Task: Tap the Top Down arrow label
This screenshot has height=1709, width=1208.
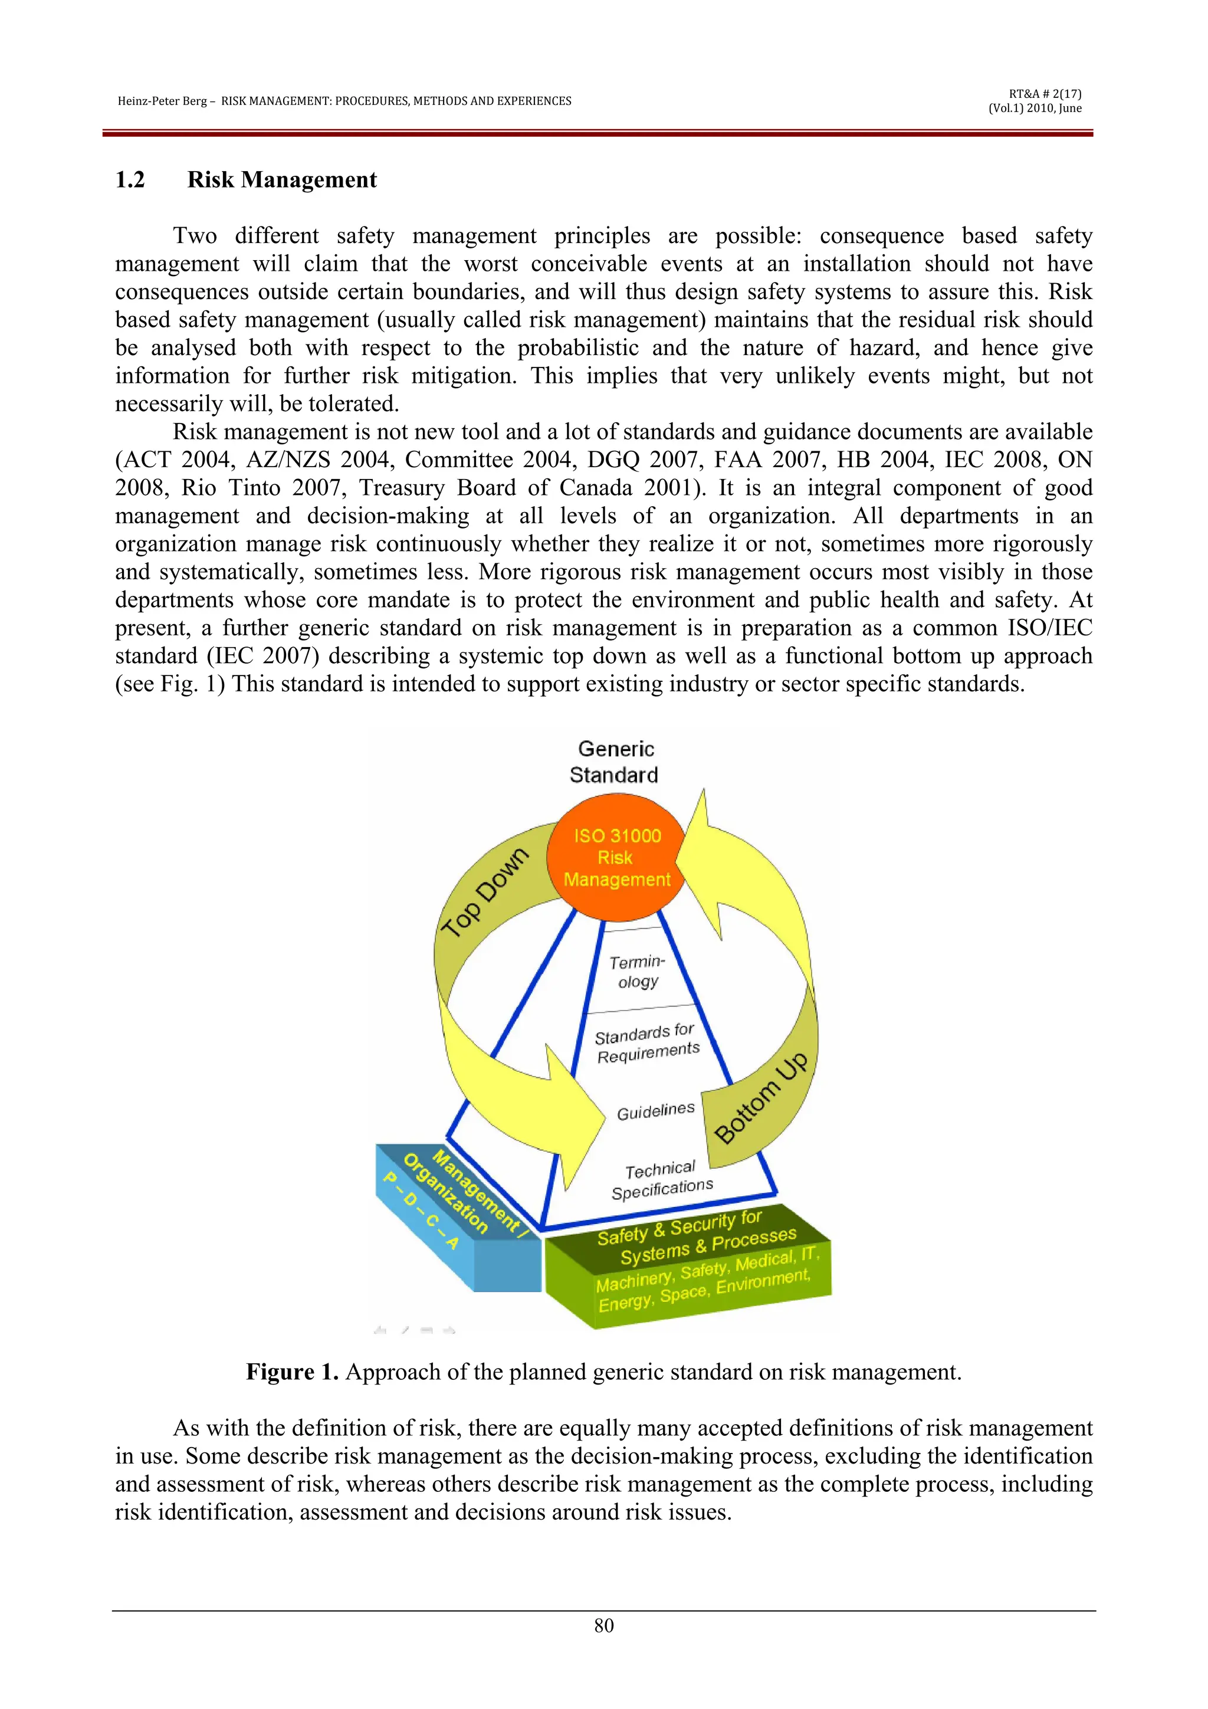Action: [484, 892]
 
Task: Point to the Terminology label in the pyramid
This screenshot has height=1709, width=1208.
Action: [637, 972]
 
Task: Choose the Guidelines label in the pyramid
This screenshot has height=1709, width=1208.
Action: [655, 1111]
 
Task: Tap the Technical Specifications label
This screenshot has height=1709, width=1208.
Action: [661, 1180]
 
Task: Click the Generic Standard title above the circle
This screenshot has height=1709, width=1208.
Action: [615, 762]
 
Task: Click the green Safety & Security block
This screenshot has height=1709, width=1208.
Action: [688, 1265]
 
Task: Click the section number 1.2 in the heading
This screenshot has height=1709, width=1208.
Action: [130, 180]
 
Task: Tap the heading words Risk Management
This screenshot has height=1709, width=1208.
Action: [282, 180]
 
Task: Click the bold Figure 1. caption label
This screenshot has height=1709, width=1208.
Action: [293, 1372]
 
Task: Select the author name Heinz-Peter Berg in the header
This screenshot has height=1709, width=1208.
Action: [162, 101]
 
